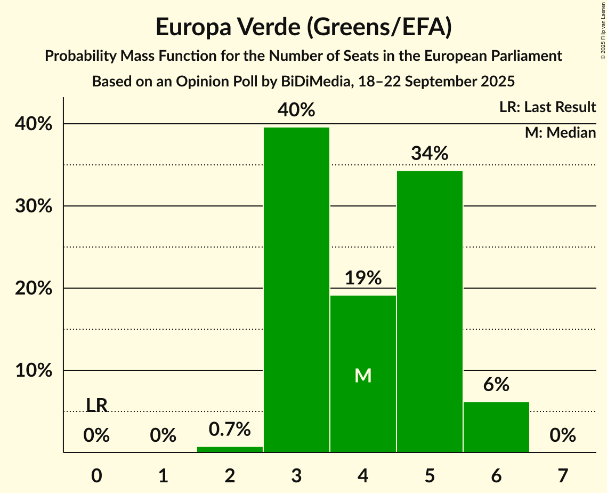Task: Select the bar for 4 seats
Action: point(363,373)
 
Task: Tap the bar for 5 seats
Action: point(430,312)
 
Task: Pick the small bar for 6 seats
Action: point(496,427)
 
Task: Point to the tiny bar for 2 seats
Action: point(230,449)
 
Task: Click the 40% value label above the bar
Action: point(296,110)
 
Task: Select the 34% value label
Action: point(430,154)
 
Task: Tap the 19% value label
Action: point(363,278)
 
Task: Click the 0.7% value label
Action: point(230,428)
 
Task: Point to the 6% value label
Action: point(496,385)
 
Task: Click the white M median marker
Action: point(363,376)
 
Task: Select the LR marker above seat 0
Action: point(96,405)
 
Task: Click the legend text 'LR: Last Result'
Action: point(547,107)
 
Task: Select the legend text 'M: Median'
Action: point(560,132)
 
